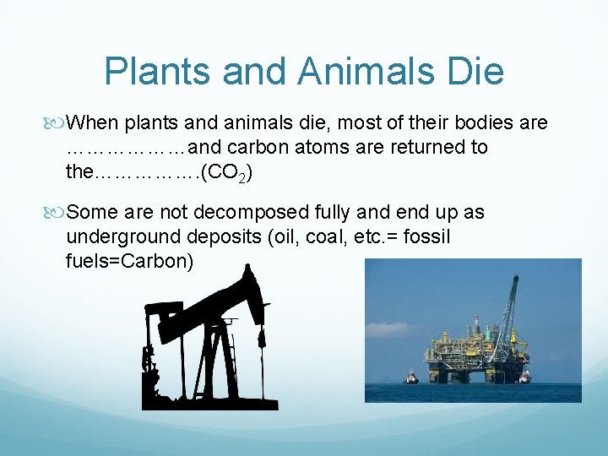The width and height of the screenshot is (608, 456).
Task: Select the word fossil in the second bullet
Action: pos(426,237)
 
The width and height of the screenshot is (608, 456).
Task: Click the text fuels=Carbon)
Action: pos(129,261)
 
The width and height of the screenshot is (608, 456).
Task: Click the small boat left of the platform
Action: pos(411,377)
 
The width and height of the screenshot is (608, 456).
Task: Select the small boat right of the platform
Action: pos(524,377)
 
